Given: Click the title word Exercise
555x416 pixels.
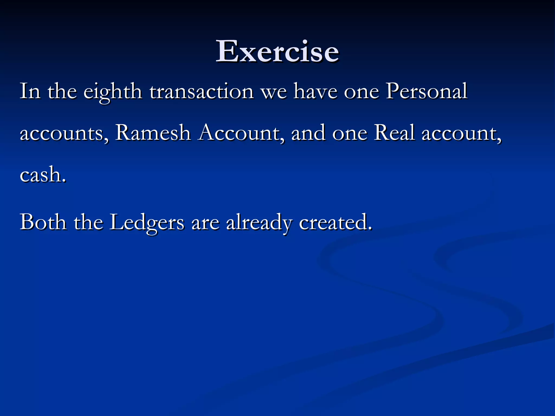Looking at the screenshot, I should click(277, 51).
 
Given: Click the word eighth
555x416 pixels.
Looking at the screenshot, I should click(113, 92).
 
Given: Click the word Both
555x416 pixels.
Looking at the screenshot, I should click(43, 222).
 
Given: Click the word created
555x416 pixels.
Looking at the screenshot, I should click(333, 222).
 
